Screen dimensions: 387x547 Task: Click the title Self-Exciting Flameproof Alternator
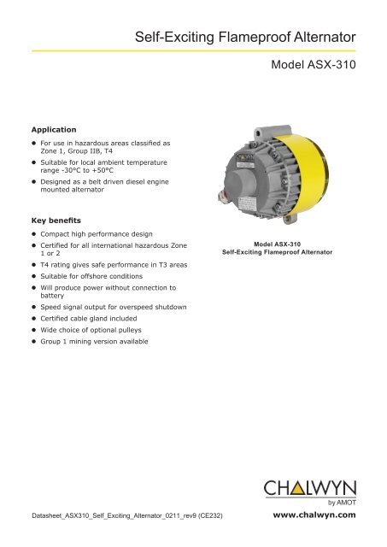[245, 37]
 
